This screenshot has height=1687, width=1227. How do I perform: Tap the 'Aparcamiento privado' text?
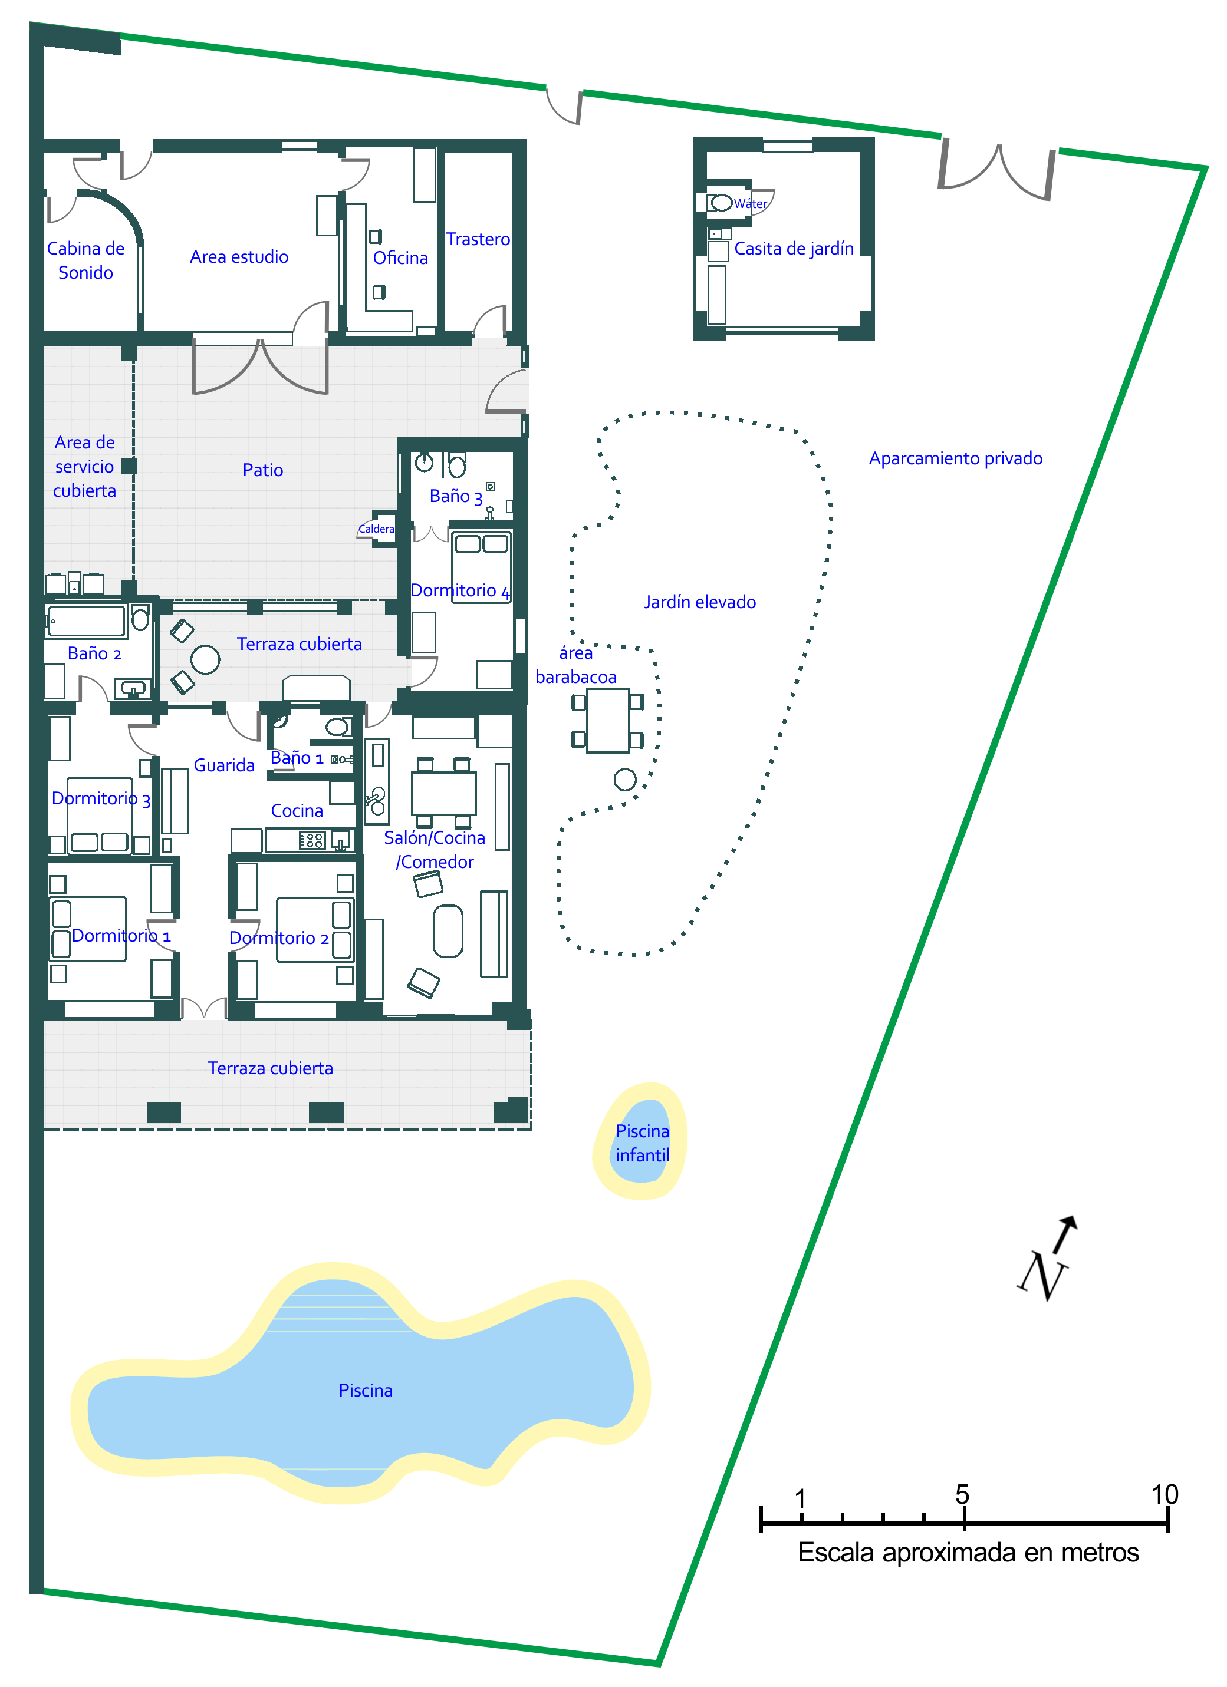point(955,458)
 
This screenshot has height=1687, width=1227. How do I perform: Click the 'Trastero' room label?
point(478,239)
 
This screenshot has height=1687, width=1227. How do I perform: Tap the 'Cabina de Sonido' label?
point(85,260)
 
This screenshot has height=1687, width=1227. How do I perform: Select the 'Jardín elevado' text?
point(699,602)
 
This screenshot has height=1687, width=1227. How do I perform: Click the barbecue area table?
point(607,720)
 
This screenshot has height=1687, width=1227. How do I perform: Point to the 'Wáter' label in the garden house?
point(750,203)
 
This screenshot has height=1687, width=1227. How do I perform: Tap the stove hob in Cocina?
point(312,840)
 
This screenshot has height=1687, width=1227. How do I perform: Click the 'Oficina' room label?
point(400,257)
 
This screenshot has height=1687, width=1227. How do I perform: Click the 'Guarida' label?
point(224,765)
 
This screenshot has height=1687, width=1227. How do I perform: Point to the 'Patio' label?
point(262,470)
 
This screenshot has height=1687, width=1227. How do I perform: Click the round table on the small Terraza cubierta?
point(205,659)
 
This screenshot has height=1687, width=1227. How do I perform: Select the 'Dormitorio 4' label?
point(460,590)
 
